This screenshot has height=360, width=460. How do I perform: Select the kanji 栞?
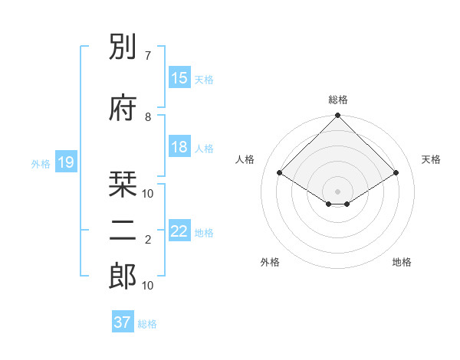123,185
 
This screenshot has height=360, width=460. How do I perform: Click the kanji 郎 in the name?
123,276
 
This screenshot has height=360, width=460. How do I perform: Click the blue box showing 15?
179,78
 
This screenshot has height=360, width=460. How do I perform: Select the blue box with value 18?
179,147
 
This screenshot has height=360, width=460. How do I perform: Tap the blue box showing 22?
179,231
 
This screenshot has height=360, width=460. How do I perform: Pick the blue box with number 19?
66,162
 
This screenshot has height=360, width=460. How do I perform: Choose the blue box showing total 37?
123,322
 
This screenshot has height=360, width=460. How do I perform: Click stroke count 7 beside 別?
148,56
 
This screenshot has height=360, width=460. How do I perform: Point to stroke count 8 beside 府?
148,116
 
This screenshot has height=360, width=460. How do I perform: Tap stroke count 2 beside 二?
148,240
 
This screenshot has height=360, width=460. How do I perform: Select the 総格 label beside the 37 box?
147,324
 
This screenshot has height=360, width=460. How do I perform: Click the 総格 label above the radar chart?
337,100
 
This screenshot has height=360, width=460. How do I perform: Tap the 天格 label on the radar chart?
431,159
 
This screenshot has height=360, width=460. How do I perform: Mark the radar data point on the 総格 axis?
337,116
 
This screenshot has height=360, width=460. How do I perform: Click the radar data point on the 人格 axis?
280,172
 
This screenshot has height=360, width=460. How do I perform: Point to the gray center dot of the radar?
337,190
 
